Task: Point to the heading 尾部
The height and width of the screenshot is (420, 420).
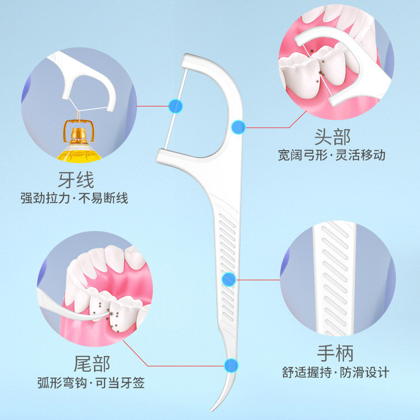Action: tap(92, 364)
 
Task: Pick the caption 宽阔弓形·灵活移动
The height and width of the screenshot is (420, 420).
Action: tap(332, 155)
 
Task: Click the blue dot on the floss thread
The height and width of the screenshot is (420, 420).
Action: tap(175, 106)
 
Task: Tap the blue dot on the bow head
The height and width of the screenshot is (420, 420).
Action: tap(238, 127)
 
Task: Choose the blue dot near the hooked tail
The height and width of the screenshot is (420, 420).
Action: tap(231, 365)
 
